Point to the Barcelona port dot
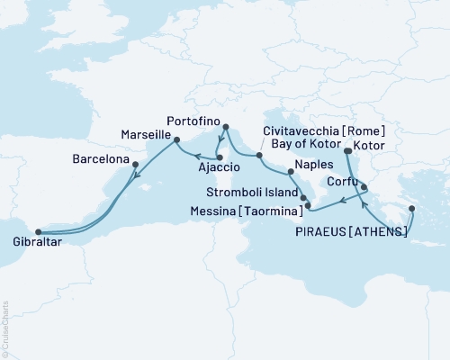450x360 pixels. (135, 164)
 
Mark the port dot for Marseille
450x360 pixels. (176, 139)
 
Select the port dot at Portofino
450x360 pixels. (225, 127)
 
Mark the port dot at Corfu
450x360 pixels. (364, 188)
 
